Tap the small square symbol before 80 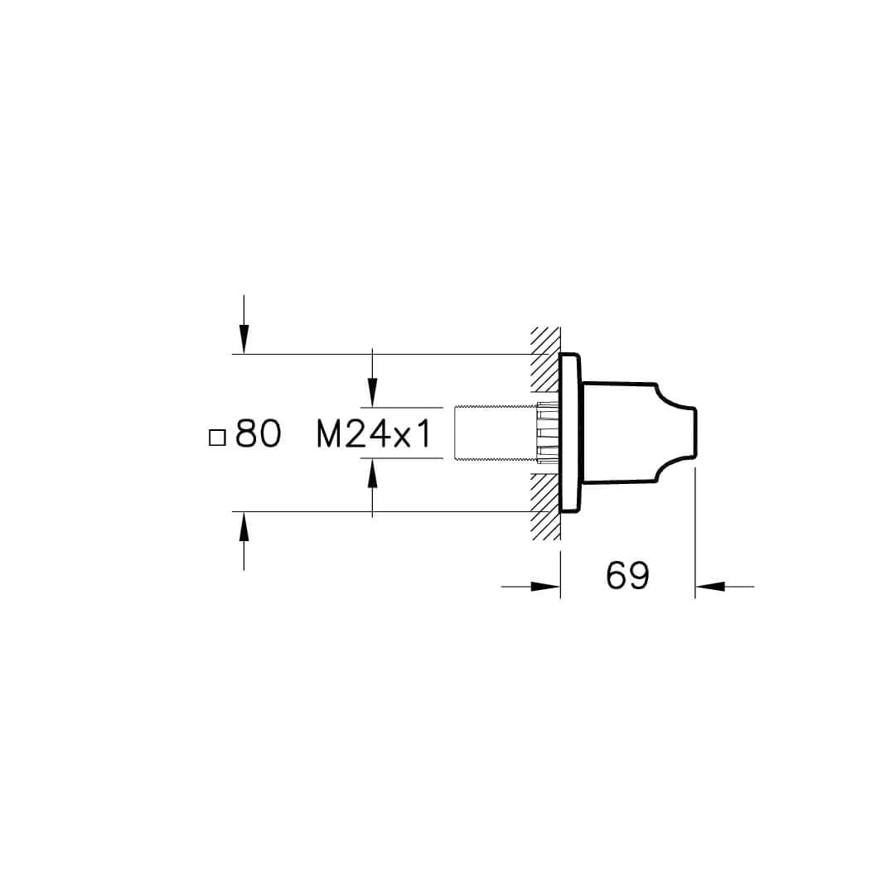coord(217,438)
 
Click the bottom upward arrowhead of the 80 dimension coord(244,526)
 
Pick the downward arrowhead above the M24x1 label coord(372,393)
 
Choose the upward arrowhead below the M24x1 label coord(372,472)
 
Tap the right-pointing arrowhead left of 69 coord(545,586)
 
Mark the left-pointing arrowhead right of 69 coord(710,586)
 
